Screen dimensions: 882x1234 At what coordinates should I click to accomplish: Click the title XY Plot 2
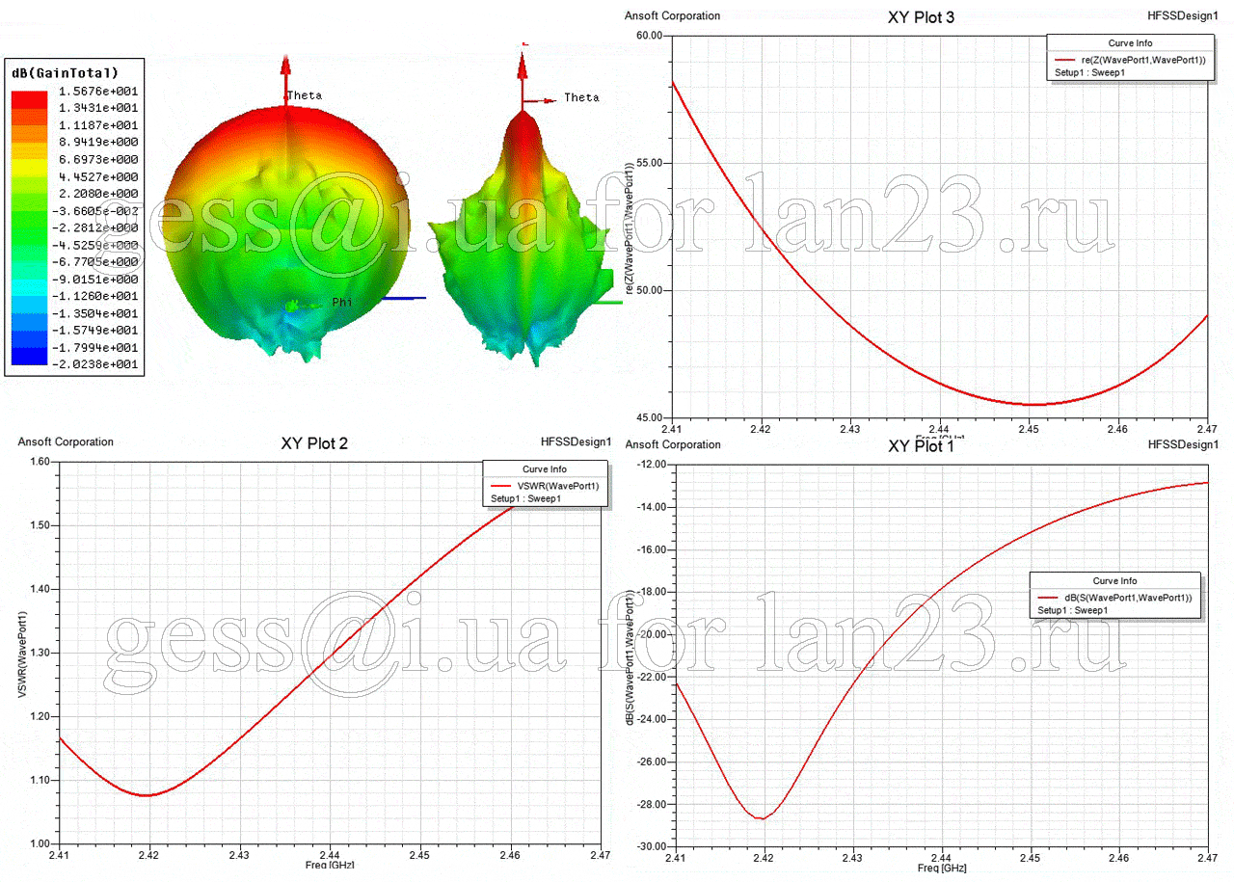pyautogui.click(x=314, y=444)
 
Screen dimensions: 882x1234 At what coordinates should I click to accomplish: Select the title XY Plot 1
pyautogui.click(x=921, y=446)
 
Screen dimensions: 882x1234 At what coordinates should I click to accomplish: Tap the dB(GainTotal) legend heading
pyautogui.click(x=65, y=73)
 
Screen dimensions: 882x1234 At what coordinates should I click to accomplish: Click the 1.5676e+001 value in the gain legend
pyautogui.click(x=105, y=92)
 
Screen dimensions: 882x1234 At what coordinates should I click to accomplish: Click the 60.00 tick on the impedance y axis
pyautogui.click(x=649, y=36)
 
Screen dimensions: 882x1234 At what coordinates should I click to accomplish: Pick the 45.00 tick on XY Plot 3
pyautogui.click(x=649, y=417)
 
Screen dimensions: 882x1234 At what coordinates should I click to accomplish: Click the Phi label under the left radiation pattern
pyautogui.click(x=343, y=302)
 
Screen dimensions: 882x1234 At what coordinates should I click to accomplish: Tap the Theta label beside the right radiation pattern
pyautogui.click(x=581, y=97)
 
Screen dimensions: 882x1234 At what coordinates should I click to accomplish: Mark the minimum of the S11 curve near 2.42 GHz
pyautogui.click(x=763, y=818)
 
